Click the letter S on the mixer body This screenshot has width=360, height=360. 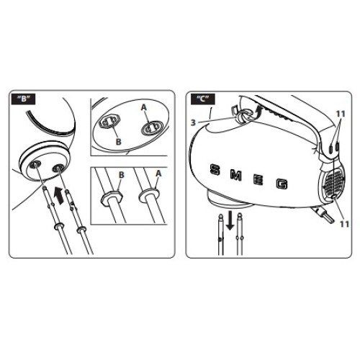click(x=213, y=171)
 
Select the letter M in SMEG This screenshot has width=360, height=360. click(x=236, y=174)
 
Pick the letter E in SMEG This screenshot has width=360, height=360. click(x=259, y=179)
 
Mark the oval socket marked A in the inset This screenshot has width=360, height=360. click(x=148, y=126)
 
